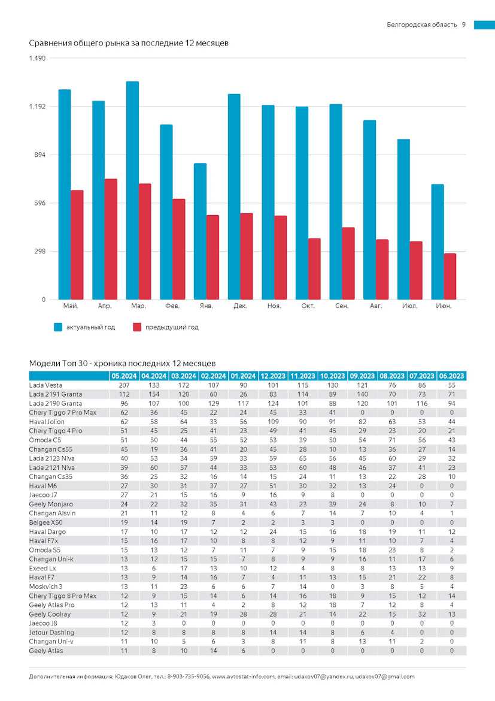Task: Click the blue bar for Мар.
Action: coord(132,191)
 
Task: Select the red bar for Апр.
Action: coord(111,239)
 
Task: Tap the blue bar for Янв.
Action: coord(200,232)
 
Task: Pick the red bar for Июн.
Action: coord(450,276)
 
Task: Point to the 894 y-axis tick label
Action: coord(38,155)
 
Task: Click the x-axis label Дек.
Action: coord(241,306)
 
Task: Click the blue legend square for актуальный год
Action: coord(58,327)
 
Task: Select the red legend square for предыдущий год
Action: coord(137,327)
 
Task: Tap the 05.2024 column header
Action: coord(124,376)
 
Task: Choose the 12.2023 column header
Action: coord(273,376)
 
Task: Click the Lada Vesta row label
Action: coord(45,385)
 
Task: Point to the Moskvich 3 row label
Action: coord(45,587)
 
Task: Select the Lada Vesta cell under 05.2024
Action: coord(124,385)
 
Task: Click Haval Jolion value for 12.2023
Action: coord(273,422)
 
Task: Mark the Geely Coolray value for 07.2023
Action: coord(422,614)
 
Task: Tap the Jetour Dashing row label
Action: coord(51,633)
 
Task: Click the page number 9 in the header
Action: coord(464,25)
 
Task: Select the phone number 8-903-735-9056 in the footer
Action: coord(188,677)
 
